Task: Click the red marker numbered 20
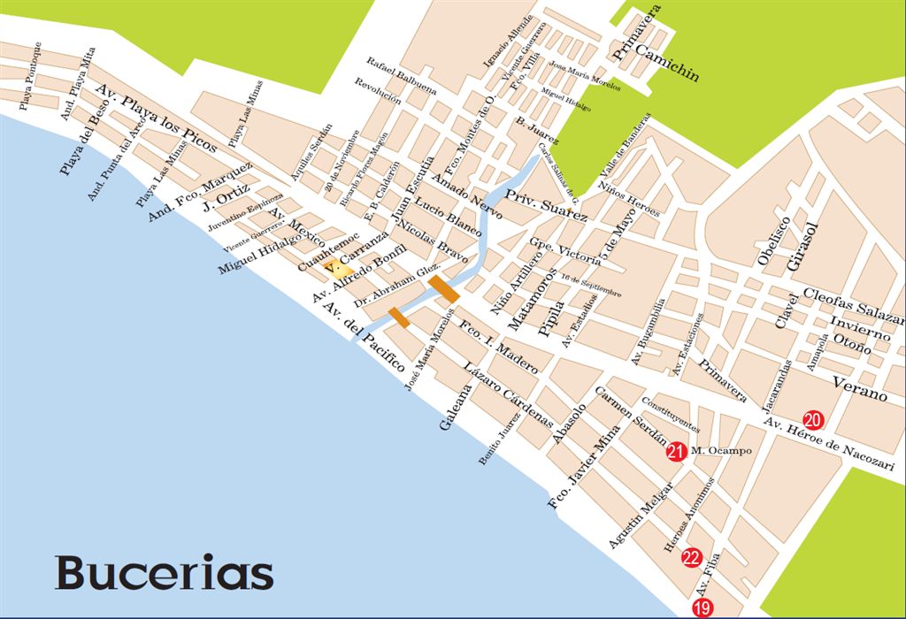coord(812,419)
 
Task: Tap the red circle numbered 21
coord(676,451)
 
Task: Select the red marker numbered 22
coord(692,557)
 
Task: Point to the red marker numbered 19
coord(702,608)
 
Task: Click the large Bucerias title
coord(164,573)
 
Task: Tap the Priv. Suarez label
coord(546,204)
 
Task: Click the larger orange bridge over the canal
coord(442,288)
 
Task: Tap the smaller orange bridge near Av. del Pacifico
coord(399,317)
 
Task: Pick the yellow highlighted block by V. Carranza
coord(339,268)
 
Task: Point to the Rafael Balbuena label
coord(403,76)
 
